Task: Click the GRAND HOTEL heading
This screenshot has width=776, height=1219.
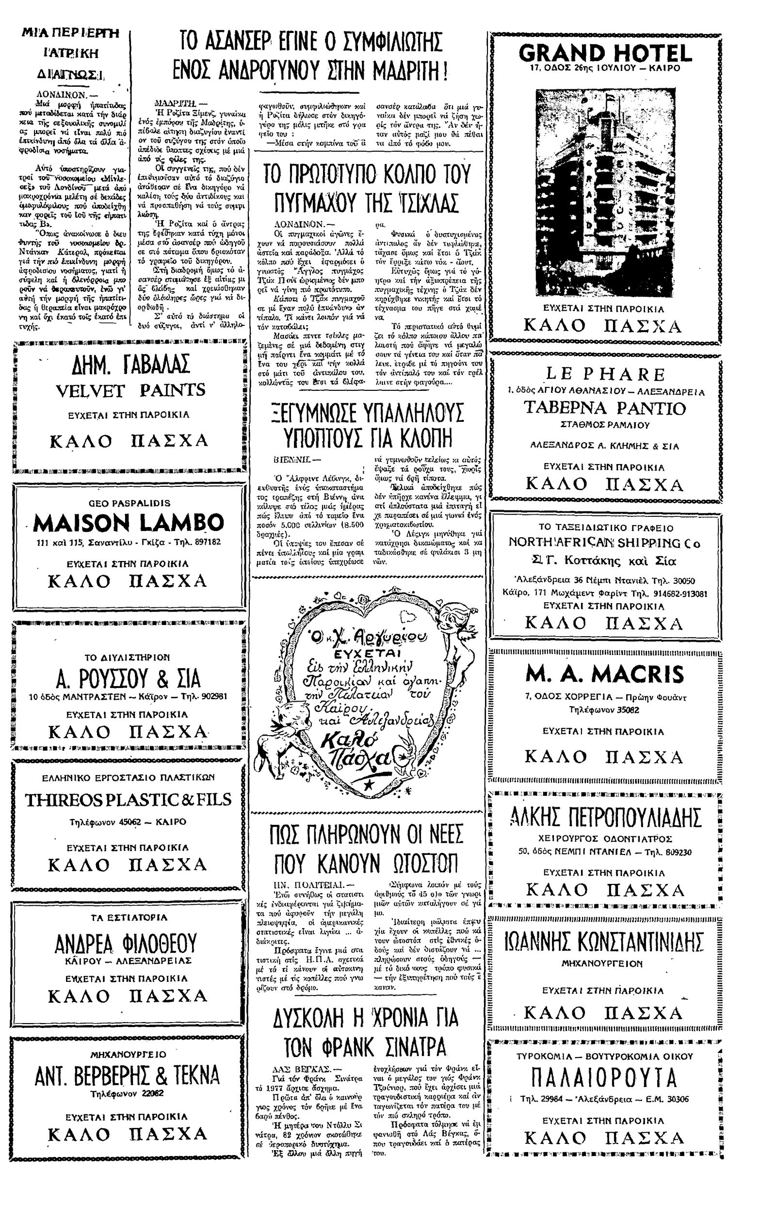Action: pyautogui.click(x=605, y=53)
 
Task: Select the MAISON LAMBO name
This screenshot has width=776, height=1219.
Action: pyautogui.click(x=128, y=523)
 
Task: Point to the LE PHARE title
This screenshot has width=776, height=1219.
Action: pyautogui.click(x=605, y=374)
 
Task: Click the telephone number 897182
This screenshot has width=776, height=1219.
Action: pyautogui.click(x=204, y=542)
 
